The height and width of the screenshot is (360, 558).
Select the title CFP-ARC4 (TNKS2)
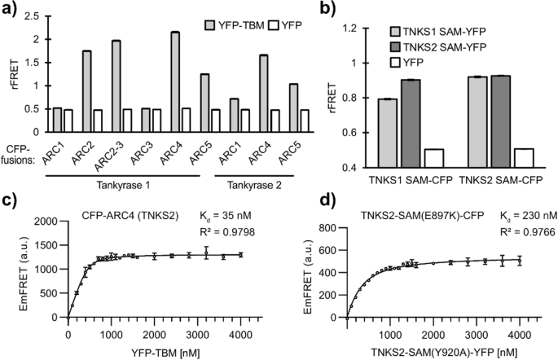[x=129, y=215]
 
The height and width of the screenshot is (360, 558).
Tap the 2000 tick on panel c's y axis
[x=43, y=221]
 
